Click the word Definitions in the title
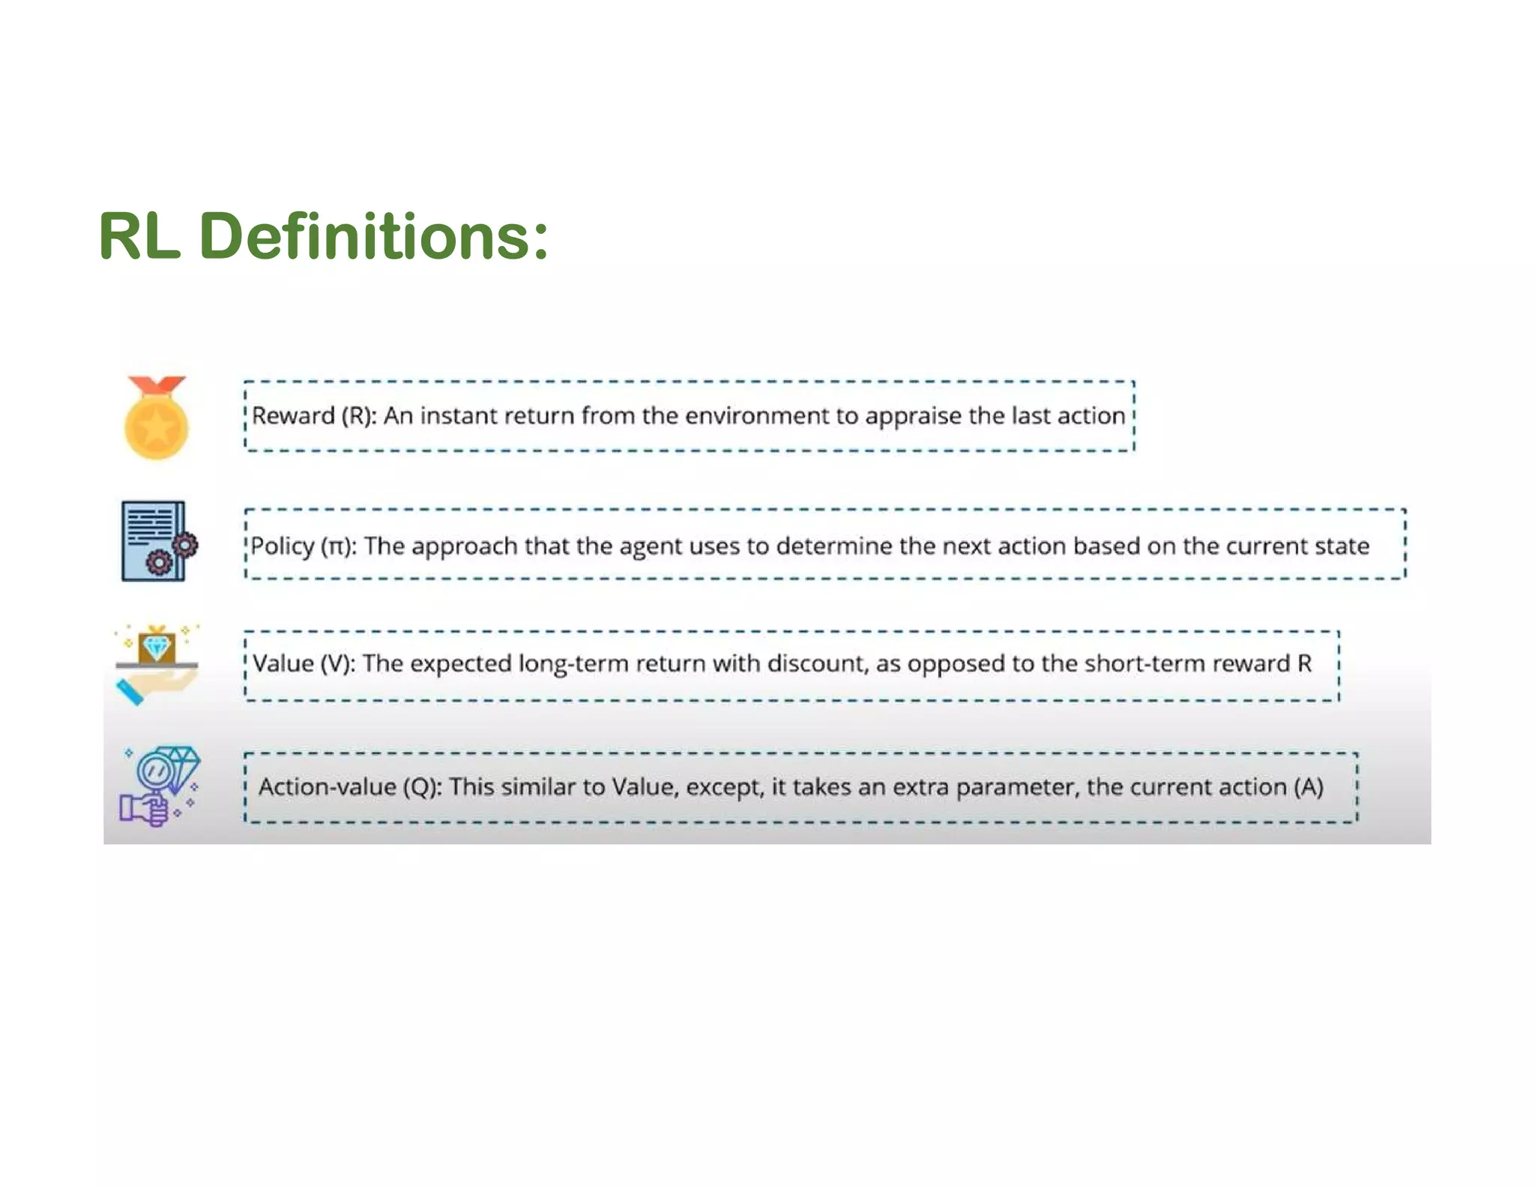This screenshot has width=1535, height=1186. coord(374,237)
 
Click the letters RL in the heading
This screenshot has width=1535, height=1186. coord(139,237)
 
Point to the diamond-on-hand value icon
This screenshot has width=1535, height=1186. coord(156,664)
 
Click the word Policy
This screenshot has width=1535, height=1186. coord(282,547)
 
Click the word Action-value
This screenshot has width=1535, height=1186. coord(328,787)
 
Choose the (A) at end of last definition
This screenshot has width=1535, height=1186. coord(1309,787)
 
